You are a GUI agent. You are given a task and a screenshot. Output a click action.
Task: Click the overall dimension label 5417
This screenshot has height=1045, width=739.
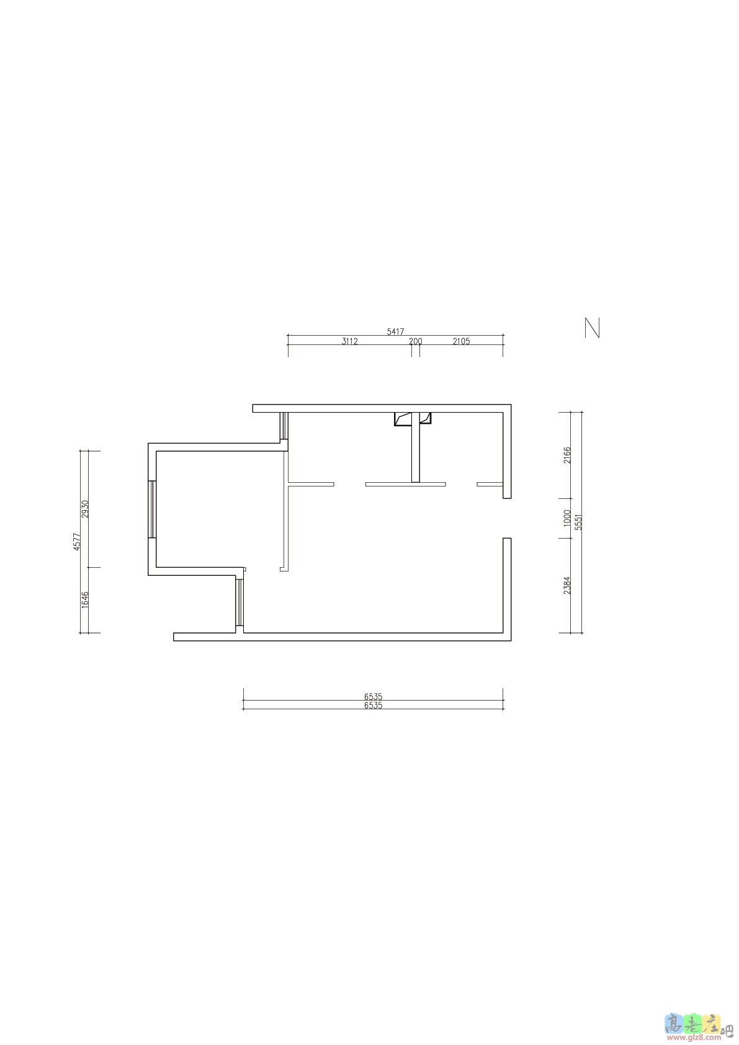coord(395,332)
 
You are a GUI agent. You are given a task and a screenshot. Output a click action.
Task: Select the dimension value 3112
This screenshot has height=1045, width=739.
coord(349,341)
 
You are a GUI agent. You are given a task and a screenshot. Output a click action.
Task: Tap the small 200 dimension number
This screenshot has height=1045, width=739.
coord(416,341)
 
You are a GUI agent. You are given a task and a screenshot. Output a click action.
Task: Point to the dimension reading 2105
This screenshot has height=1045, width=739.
coord(461,341)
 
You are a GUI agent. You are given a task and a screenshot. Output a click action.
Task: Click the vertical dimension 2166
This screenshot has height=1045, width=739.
coord(567,455)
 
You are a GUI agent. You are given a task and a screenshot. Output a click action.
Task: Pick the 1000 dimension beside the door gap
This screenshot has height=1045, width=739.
coord(567,518)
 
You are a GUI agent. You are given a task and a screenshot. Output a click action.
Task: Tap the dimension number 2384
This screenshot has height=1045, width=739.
coord(567,585)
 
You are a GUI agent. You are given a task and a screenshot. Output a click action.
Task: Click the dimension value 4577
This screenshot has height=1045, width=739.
coord(78,542)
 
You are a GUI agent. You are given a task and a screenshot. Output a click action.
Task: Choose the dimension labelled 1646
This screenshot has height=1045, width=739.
coord(85,600)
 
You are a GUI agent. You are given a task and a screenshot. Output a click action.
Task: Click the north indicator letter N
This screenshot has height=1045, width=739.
coord(592,328)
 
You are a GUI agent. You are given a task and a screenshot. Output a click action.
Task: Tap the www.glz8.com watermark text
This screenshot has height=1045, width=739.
coord(694,1038)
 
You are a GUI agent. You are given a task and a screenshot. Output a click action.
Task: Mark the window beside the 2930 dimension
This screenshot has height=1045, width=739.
coord(151,509)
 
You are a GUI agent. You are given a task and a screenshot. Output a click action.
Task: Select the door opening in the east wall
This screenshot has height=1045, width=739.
coord(507,518)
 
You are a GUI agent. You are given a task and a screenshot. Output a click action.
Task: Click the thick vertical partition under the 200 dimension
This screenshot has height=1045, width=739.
coord(416,447)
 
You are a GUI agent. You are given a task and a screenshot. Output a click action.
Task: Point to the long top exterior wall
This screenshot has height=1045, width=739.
coord(382,408)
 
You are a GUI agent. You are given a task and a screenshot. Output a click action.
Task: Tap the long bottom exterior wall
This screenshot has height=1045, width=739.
coord(343,637)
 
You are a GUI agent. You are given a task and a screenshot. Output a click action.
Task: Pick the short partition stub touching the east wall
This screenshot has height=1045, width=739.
coord(490,484)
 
